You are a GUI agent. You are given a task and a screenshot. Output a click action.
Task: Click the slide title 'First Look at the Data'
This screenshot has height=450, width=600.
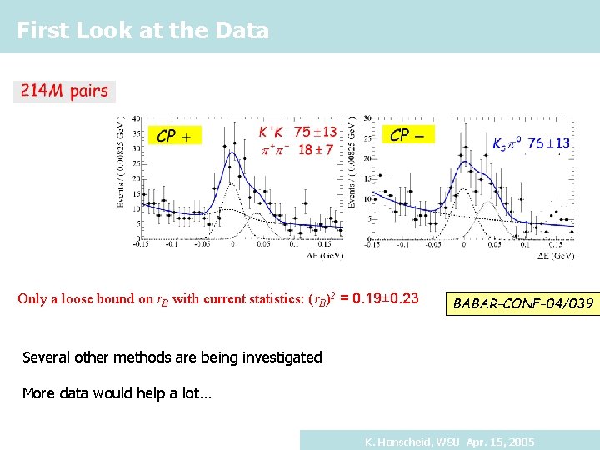[x=142, y=31]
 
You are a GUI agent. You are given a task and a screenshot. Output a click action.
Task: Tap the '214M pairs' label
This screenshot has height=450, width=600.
[x=64, y=91]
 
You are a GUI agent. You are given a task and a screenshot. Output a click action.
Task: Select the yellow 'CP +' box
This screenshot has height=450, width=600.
[x=174, y=135]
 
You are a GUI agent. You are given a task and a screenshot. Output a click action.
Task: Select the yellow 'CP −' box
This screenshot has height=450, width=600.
[x=407, y=134]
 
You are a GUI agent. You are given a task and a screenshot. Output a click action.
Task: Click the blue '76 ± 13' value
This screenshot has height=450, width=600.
[x=548, y=143]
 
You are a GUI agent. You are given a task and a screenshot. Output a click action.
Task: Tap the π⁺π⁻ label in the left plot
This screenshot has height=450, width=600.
[x=274, y=149]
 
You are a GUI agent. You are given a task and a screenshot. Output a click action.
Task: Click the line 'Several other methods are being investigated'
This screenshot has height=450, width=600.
[x=172, y=357]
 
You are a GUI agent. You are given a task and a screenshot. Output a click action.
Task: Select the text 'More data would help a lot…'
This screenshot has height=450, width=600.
[x=117, y=392]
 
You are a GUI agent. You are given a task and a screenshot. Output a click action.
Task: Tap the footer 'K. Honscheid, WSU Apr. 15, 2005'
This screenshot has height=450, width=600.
[x=450, y=441]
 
